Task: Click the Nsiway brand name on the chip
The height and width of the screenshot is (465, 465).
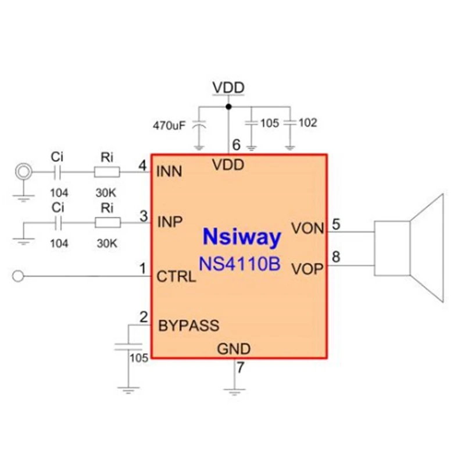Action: [242, 237]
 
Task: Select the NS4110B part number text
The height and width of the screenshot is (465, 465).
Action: [239, 264]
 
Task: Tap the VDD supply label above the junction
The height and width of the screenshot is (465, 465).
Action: [228, 88]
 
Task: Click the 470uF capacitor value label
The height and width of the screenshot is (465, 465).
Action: [170, 125]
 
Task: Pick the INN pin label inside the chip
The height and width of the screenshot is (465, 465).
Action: [169, 171]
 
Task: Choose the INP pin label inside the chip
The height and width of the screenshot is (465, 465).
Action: [170, 221]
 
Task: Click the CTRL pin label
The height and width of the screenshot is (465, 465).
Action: [176, 276]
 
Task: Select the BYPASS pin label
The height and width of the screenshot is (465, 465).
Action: [188, 325]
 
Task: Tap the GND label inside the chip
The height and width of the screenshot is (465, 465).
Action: [234, 349]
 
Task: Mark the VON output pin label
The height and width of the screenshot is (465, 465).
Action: [307, 228]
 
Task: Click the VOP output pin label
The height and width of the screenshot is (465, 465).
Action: [307, 269]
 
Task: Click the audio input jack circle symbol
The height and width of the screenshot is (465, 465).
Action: [23, 171]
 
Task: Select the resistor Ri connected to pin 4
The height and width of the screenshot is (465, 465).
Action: [107, 171]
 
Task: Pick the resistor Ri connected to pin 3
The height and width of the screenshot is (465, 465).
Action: [108, 222]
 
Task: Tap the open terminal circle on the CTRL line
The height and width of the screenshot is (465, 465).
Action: [18, 276]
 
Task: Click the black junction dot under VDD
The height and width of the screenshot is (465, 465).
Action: [228, 106]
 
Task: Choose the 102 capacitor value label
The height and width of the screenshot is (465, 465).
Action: [309, 123]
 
